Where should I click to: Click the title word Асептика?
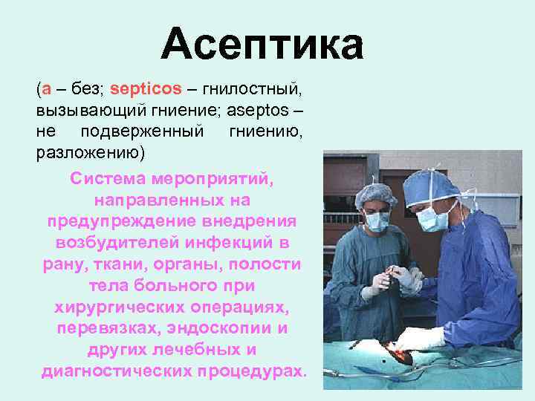point(262,44)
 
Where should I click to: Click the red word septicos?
point(146,89)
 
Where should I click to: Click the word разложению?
point(92,152)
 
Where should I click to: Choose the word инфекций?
point(235,243)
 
